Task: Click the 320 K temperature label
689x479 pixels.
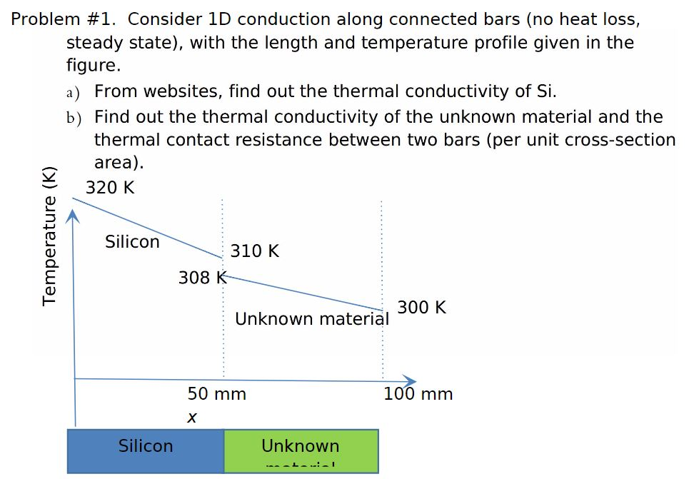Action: tap(110, 188)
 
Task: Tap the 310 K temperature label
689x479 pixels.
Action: tap(255, 251)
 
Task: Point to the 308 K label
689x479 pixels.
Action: tap(202, 278)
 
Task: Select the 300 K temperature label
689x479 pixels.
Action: tap(422, 308)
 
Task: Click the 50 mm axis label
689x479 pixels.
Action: tap(217, 394)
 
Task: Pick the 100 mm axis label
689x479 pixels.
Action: tap(418, 394)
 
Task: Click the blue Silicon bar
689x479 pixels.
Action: tap(146, 450)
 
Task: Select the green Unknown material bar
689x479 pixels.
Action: tap(301, 450)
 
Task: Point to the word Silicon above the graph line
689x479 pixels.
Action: tap(132, 242)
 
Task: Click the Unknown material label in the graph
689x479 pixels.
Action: tap(312, 318)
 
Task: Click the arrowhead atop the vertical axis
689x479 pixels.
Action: tap(73, 214)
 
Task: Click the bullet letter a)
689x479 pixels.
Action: tap(72, 92)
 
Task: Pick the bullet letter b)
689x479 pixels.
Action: tap(73, 118)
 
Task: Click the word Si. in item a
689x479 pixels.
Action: tap(545, 91)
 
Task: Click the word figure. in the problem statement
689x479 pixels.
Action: tap(94, 66)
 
